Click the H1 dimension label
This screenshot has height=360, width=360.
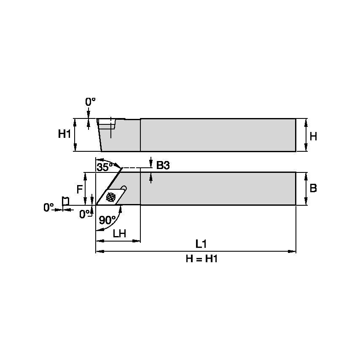pyautogui.click(x=64, y=134)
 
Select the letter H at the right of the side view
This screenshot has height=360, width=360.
pyautogui.click(x=313, y=137)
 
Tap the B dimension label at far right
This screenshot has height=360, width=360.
pyautogui.click(x=313, y=188)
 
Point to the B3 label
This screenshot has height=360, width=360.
pyautogui.click(x=163, y=166)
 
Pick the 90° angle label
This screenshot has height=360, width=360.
pyautogui.click(x=107, y=220)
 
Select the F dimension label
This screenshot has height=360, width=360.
pyautogui.click(x=79, y=190)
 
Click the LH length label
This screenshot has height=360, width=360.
pyautogui.click(x=119, y=234)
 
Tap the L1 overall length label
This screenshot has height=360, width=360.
pyautogui.click(x=201, y=244)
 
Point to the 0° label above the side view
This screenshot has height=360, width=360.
pyautogui.click(x=91, y=102)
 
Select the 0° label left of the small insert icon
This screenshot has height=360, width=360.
pyautogui.click(x=49, y=207)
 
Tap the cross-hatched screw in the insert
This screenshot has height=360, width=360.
pyautogui.click(x=111, y=196)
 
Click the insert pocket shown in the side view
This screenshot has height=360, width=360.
pyautogui.click(x=108, y=124)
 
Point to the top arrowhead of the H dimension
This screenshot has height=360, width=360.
pyautogui.click(x=306, y=121)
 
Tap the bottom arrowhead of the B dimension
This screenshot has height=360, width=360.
pyautogui.click(x=306, y=203)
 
